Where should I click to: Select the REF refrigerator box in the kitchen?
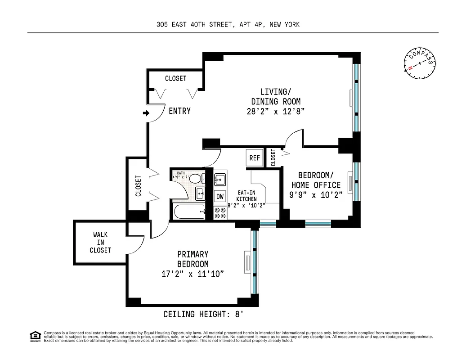pos(255,158)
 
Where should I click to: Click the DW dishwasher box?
pos(220,196)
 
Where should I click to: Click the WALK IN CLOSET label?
pos(100,242)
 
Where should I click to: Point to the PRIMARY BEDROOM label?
pos(193,259)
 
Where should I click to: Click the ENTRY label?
pos(179,111)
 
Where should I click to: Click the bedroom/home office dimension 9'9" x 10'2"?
pos(316,195)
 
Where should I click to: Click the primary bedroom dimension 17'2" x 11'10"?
pos(193,274)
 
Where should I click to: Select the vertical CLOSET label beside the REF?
pos(273,157)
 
